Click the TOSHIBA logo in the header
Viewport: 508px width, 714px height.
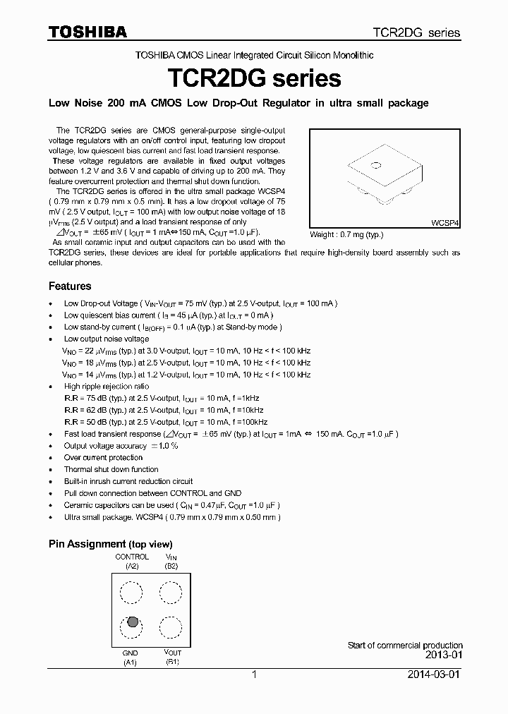(87, 32)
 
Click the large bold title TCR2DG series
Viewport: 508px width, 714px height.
(253, 77)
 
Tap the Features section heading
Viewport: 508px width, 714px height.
(70, 286)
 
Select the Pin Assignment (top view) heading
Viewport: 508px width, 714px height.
(110, 544)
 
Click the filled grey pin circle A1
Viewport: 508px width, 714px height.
(131, 624)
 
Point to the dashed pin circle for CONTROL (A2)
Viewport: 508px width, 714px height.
(131, 591)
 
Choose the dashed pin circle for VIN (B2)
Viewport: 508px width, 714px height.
(171, 591)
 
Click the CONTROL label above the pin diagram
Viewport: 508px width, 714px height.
(132, 557)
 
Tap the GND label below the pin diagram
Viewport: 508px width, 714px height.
(131, 653)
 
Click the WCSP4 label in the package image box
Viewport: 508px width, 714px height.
(445, 222)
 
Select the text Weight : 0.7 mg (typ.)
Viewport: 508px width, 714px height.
(347, 235)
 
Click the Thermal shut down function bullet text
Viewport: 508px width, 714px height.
(111, 470)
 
